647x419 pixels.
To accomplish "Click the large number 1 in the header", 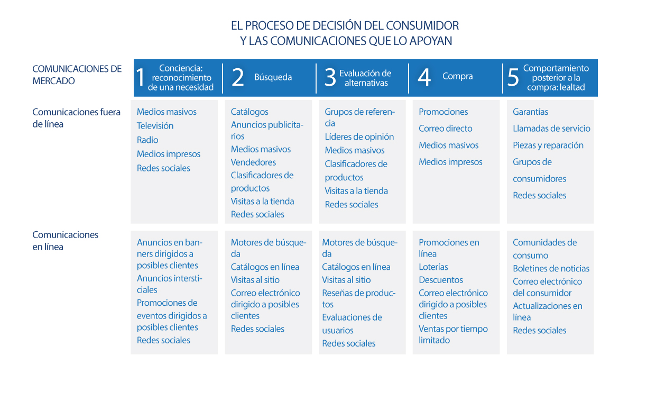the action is tap(141, 77).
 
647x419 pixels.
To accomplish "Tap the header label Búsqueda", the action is tap(273, 77).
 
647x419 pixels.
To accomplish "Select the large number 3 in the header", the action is tap(330, 77).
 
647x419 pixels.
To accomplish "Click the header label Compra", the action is tap(458, 76).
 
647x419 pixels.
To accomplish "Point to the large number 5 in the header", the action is tap(513, 77).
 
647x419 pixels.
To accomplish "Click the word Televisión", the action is tap(155, 126).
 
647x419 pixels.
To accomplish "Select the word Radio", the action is tap(147, 140).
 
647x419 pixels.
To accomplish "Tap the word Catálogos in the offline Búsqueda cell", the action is tap(249, 112).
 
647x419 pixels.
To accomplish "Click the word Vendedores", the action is tap(253, 162).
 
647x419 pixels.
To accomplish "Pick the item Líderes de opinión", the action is tap(359, 137).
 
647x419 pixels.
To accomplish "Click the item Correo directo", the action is tap(446, 129).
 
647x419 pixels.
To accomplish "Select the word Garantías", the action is tap(530, 112).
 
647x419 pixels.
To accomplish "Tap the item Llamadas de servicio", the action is tap(551, 129).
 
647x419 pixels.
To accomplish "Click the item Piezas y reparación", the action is tap(548, 145).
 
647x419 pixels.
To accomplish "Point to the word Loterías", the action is tap(433, 267).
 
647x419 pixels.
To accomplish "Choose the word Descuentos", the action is tap(441, 280).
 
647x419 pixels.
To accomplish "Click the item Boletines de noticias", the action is tap(551, 269).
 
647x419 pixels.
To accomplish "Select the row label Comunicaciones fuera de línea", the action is tap(76, 118).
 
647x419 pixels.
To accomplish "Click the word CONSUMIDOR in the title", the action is tap(422, 25).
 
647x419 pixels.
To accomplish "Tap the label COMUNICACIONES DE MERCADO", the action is tap(77, 75).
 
